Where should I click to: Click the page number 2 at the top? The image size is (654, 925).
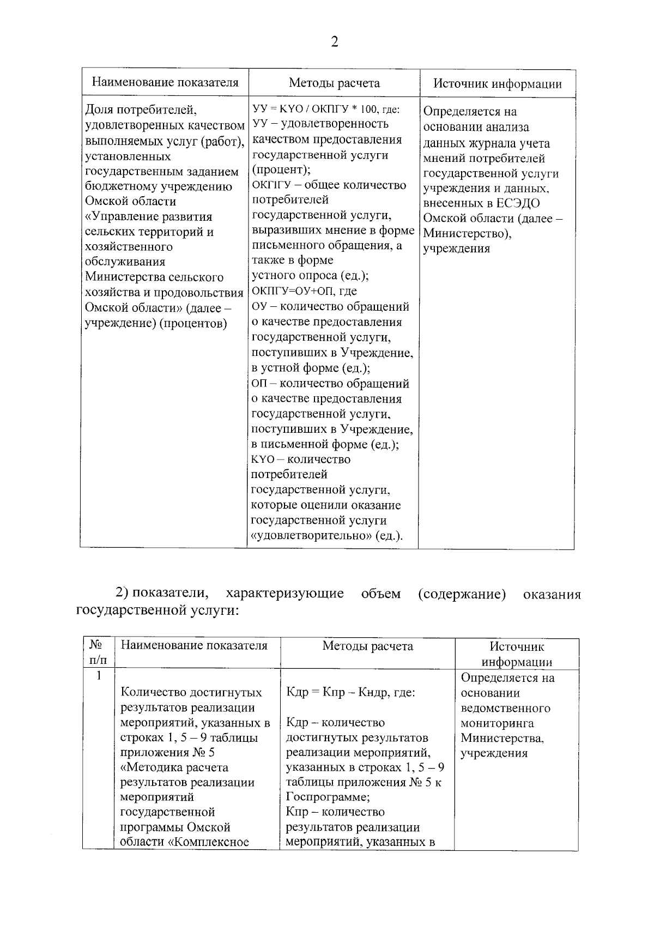click(334, 42)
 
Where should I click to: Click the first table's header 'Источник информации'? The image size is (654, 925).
click(497, 83)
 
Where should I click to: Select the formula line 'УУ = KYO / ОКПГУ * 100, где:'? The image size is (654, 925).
click(325, 109)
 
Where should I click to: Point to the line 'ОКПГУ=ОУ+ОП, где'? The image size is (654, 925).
click(304, 291)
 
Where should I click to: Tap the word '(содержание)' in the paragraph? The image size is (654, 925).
click(462, 593)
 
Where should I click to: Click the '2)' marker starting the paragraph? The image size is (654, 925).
click(122, 593)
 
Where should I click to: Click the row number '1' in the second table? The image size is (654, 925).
click(99, 676)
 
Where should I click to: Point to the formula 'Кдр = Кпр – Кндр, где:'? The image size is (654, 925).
click(350, 692)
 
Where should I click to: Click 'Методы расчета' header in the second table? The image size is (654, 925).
click(367, 646)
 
